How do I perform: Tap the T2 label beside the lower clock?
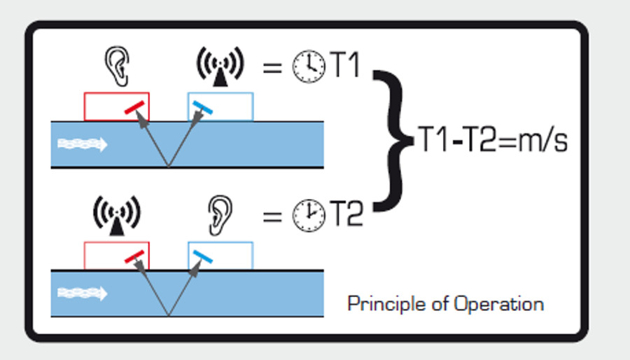pos(346,215)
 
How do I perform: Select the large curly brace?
pos(391,141)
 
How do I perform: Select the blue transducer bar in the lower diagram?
pos(204,257)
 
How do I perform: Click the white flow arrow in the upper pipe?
pos(82,144)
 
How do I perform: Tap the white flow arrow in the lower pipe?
pos(82,293)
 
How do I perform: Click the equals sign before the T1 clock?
pos(272,69)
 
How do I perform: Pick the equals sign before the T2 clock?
pos(272,216)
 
